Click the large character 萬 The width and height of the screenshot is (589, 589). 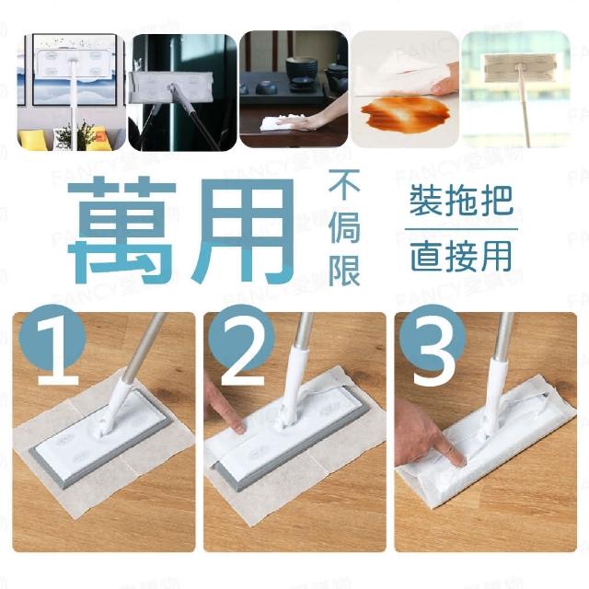click(x=122, y=230)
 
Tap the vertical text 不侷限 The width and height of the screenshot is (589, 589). click(x=344, y=228)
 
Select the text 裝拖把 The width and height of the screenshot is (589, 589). click(x=461, y=202)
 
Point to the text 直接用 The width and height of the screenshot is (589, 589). click(x=461, y=256)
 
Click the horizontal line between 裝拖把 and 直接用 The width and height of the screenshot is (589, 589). click(x=461, y=229)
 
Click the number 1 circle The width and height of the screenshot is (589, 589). click(x=52, y=341)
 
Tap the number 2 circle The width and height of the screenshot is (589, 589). click(x=242, y=341)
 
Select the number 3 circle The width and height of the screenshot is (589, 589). click(x=433, y=341)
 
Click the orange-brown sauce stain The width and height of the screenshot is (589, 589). click(x=399, y=110)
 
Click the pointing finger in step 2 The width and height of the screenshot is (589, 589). click(x=230, y=414)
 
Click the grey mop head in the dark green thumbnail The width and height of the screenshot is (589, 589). click(x=171, y=87)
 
